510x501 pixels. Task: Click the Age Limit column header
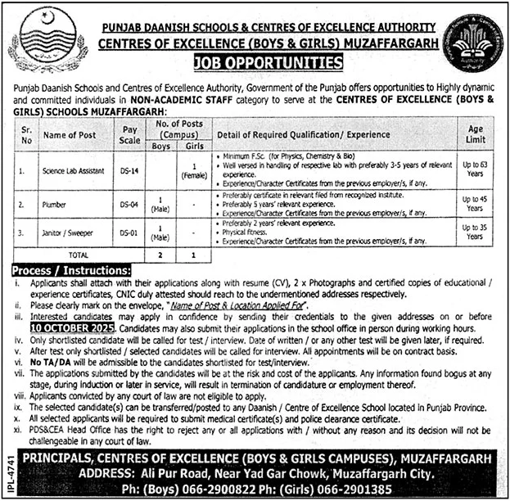click(475, 134)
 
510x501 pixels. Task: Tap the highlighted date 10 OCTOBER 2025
click(65, 327)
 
